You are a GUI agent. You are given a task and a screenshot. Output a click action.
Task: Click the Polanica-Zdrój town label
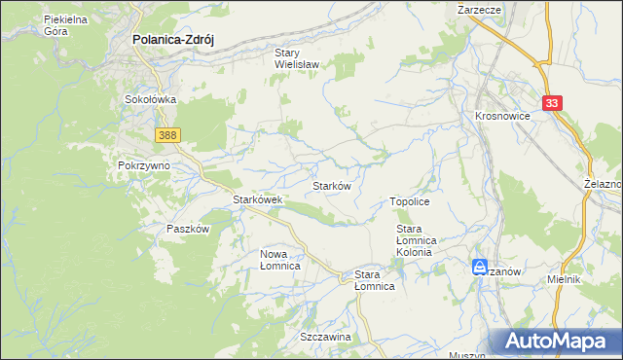pyautogui.click(x=172, y=40)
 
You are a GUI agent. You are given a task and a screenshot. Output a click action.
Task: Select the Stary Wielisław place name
pyautogui.click(x=298, y=60)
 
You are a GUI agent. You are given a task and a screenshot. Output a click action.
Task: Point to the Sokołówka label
pyautogui.click(x=149, y=99)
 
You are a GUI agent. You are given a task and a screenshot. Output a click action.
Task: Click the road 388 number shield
pyautogui.click(x=165, y=133)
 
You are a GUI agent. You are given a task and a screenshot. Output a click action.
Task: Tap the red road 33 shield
pyautogui.click(x=553, y=102)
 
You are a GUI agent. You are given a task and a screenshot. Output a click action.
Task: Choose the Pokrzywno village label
pyautogui.click(x=144, y=165)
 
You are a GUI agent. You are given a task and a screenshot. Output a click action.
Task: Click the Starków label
pyautogui.click(x=331, y=185)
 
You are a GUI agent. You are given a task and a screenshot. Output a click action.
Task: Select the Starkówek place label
pyautogui.click(x=257, y=199)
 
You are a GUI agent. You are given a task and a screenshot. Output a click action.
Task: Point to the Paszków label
pyautogui.click(x=188, y=229)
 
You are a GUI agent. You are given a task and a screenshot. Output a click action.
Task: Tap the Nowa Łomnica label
pyautogui.click(x=279, y=259)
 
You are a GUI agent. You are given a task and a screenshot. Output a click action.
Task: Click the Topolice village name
pyautogui.click(x=410, y=200)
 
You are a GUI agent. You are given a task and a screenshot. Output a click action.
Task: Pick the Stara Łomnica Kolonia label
pyautogui.click(x=420, y=240)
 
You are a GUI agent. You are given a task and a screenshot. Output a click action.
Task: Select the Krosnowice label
pyautogui.click(x=501, y=114)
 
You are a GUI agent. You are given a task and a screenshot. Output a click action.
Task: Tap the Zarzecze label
pyautogui.click(x=479, y=8)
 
